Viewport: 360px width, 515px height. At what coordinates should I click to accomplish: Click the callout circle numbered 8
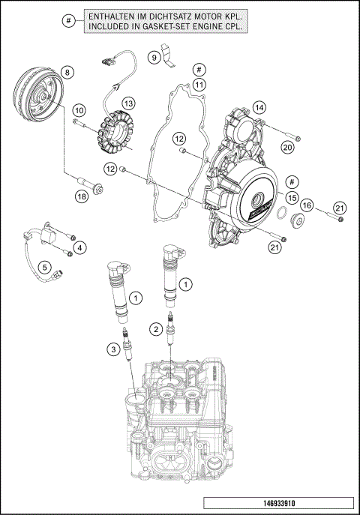(67, 73)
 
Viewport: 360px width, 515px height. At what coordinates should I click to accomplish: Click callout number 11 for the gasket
(199, 85)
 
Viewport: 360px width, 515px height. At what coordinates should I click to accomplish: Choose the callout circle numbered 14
(259, 107)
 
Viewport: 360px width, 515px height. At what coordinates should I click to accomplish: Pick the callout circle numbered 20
(287, 148)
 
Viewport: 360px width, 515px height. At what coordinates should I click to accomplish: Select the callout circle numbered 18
(82, 196)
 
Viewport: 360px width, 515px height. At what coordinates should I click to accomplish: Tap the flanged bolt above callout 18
(88, 181)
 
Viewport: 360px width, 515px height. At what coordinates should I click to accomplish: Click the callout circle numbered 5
(44, 266)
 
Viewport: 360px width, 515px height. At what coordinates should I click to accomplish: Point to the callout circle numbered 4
(79, 247)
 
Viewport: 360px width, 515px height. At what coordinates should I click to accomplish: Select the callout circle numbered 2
(155, 328)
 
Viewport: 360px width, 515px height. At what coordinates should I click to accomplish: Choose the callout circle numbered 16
(307, 205)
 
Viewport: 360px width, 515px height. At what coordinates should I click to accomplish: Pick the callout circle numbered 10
(79, 109)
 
